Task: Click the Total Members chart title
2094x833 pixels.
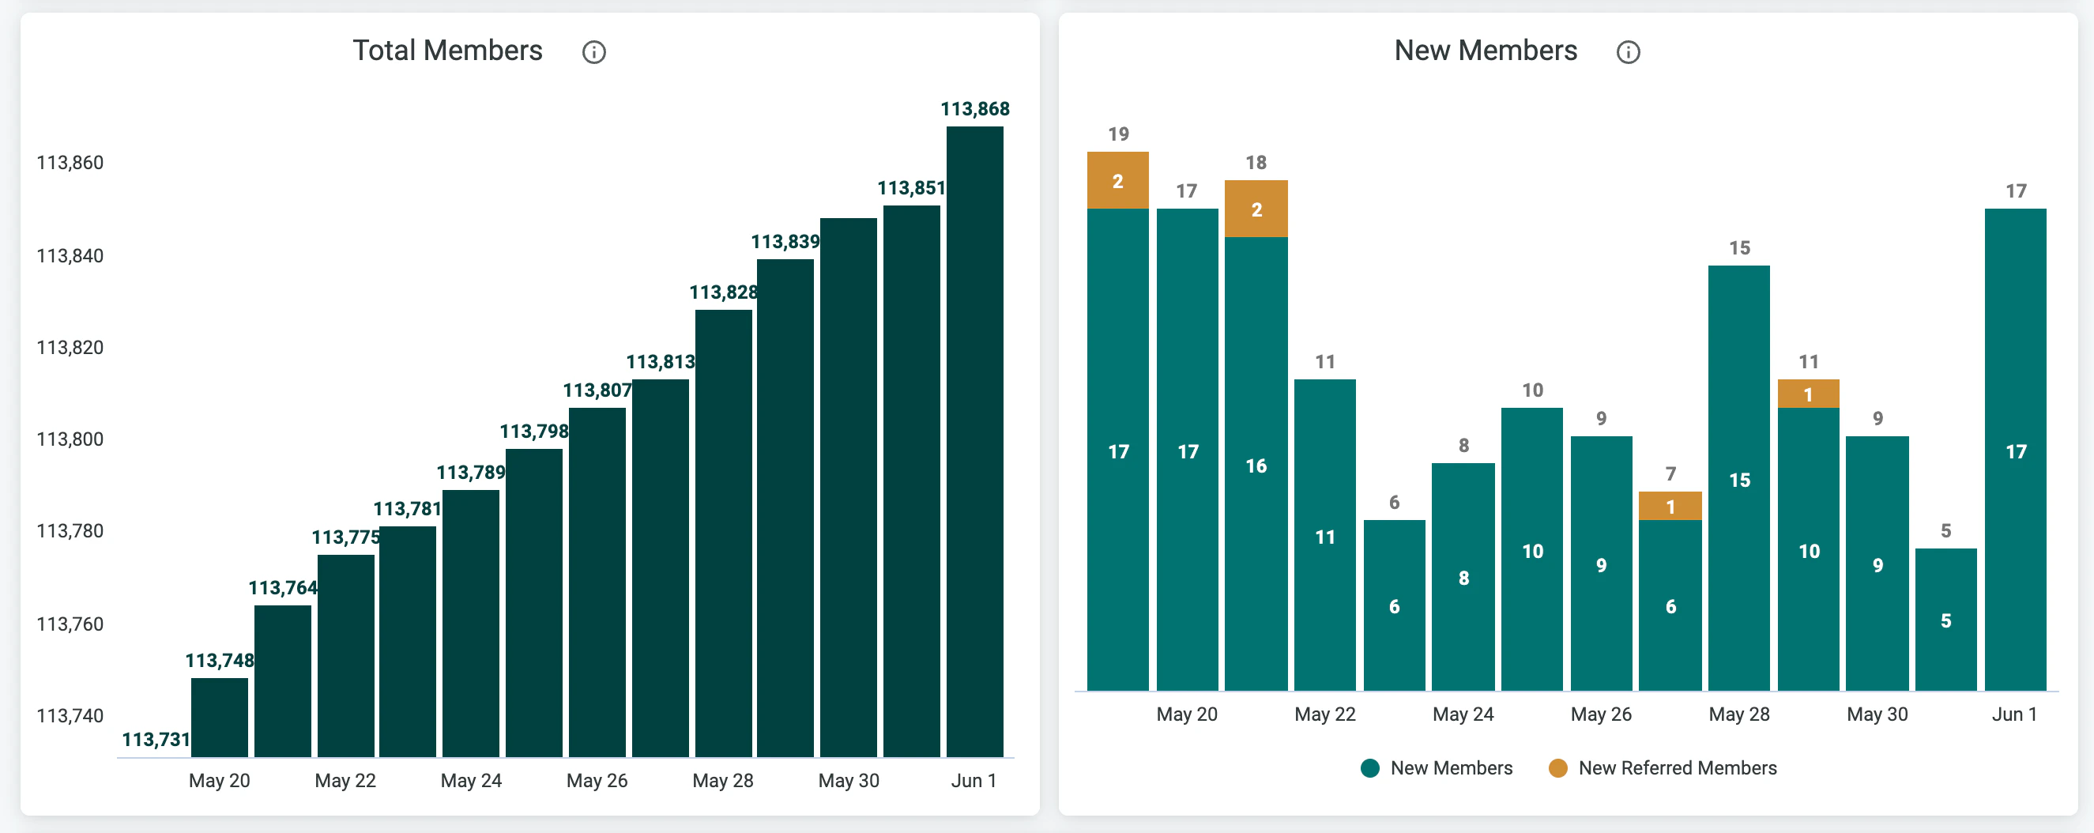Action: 447,51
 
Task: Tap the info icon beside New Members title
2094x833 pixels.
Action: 1628,52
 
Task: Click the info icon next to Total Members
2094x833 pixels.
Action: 593,52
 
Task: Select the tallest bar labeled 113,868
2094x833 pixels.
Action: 974,442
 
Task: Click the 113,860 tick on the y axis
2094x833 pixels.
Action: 70,163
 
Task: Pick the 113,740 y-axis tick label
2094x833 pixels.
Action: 70,716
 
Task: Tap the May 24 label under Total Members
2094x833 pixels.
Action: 471,781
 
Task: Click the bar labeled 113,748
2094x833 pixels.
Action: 220,718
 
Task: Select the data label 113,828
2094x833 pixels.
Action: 724,292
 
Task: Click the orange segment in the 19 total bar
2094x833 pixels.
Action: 1117,180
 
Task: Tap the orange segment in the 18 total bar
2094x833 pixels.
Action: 1256,209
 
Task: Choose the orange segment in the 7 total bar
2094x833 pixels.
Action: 1670,506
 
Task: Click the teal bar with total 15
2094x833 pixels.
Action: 1738,478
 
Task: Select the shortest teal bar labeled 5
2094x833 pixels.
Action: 1946,620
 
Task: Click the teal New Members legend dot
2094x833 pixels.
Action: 1369,768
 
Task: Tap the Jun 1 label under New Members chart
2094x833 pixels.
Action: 2014,714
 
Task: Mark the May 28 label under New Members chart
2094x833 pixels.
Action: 1738,714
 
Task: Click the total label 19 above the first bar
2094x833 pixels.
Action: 1119,134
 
